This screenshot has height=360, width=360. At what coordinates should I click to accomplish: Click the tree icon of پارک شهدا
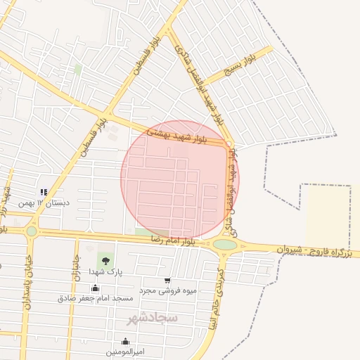click(106, 261)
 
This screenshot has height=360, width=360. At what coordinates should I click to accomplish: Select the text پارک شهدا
click(106, 271)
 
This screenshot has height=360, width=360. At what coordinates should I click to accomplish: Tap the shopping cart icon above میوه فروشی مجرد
click(167, 280)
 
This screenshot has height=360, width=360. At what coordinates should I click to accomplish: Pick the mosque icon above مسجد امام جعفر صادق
click(96, 288)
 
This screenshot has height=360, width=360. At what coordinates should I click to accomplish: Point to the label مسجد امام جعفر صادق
click(96, 298)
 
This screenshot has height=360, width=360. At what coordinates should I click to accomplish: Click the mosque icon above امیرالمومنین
click(124, 342)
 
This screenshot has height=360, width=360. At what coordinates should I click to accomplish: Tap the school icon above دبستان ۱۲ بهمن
click(44, 192)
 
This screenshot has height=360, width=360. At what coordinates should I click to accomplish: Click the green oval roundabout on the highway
click(225, 245)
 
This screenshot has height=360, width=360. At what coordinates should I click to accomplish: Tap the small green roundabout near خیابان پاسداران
click(31, 231)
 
